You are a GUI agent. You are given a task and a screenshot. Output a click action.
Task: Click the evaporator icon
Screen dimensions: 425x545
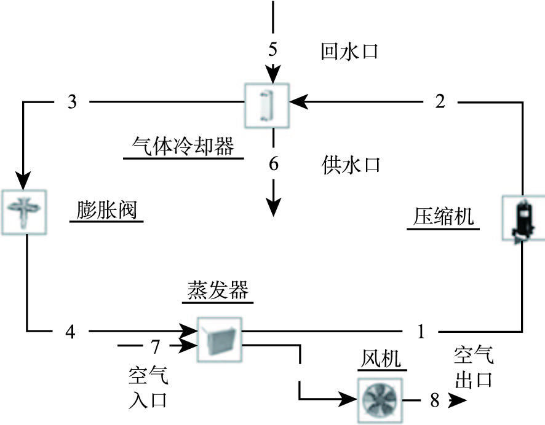pos(219,338)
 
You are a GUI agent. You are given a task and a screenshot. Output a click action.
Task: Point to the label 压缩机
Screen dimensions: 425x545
pos(443,217)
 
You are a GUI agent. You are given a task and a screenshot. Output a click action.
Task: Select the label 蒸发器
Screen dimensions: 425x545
pos(218,289)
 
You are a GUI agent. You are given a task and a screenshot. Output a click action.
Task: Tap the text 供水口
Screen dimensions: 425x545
pos(351,165)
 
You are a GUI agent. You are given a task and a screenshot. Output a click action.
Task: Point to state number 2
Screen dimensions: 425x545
pos(440,102)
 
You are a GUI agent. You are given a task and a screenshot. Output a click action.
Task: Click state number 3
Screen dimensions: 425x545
pos(73,102)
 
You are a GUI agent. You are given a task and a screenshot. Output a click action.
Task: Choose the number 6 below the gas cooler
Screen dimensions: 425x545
pos(274,165)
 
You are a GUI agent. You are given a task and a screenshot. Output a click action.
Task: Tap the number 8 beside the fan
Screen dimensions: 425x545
pos(435,402)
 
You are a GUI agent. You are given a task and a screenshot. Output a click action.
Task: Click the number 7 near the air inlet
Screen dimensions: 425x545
pos(156,348)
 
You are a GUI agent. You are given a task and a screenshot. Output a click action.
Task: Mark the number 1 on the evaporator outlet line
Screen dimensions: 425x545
pos(421,332)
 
